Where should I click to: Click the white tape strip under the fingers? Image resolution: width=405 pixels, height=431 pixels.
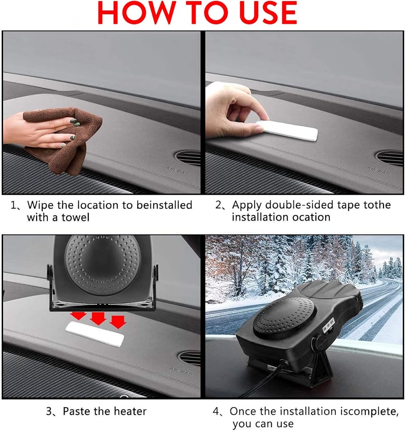tap(287, 131)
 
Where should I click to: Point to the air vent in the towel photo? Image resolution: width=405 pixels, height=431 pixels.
tap(188, 158)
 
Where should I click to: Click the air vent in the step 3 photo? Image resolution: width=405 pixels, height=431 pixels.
tap(190, 358)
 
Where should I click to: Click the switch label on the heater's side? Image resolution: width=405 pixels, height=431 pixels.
tap(328, 325)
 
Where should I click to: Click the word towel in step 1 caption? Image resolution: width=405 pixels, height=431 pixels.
tap(75, 217)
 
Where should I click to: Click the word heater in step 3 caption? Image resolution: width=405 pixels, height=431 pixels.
tap(130, 411)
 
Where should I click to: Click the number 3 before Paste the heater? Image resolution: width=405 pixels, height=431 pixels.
tap(49, 412)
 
